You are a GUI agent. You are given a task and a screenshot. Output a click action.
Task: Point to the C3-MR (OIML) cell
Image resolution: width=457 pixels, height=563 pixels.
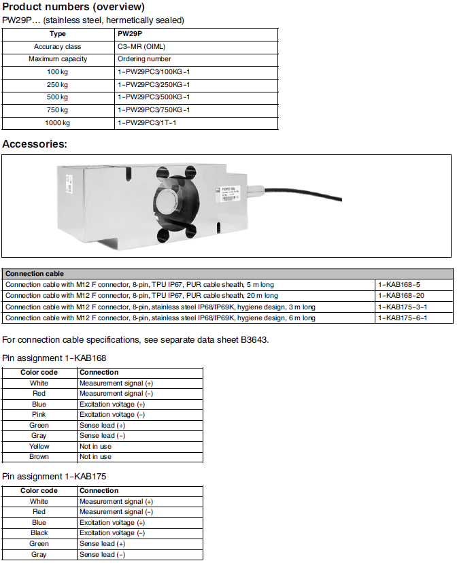tap(141, 47)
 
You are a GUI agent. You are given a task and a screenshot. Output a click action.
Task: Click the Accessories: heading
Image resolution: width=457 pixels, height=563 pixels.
tap(35, 144)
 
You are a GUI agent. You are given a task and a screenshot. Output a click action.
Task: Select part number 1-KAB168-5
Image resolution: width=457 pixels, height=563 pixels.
tap(399, 284)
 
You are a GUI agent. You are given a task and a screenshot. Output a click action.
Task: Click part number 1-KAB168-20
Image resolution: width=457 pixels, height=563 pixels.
tap(401, 296)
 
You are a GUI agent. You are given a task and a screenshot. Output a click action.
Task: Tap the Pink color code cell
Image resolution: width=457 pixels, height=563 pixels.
tap(39, 415)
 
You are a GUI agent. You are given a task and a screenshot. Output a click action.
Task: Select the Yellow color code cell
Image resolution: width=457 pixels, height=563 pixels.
tap(39, 447)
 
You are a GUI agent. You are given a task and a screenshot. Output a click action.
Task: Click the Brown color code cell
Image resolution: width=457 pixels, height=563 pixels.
tap(39, 457)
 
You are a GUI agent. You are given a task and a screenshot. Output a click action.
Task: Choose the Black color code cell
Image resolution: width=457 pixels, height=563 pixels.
tap(39, 533)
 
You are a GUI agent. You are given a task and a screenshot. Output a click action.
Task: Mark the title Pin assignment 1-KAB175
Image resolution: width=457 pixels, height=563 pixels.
tap(54, 476)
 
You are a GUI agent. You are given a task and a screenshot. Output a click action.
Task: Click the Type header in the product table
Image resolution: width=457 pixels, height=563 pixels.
tap(58, 33)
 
